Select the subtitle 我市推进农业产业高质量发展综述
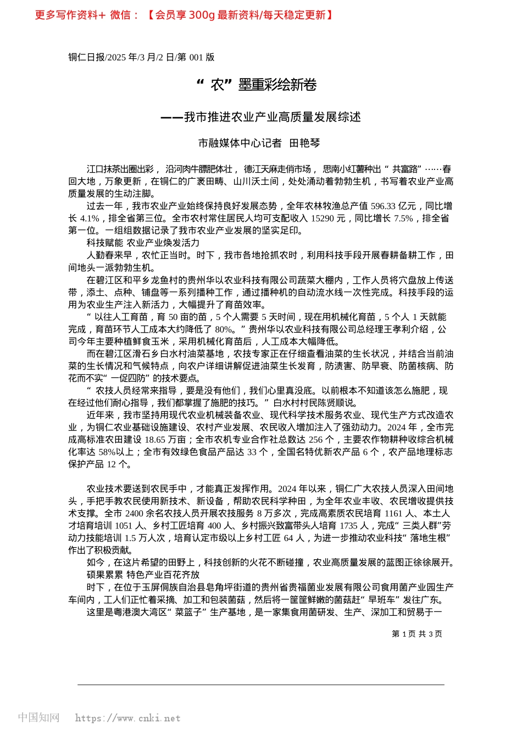[272, 117]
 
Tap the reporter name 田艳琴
[304, 143]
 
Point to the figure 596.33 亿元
[393, 206]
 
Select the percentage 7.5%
[403, 218]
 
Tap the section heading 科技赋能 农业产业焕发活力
[143, 243]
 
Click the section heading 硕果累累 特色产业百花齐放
[143, 575]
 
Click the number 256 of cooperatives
[315, 440]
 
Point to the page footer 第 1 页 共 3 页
[417, 634]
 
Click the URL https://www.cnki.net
[127, 718]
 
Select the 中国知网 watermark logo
[38, 718]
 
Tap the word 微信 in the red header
[120, 15]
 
